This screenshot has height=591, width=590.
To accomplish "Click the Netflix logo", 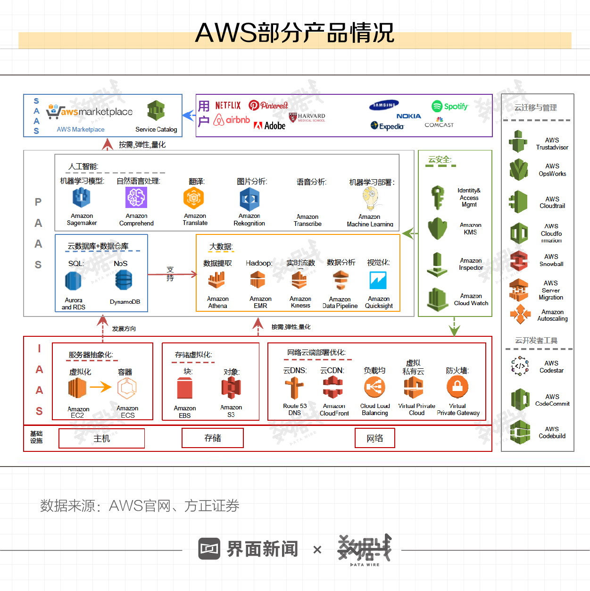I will [228, 106].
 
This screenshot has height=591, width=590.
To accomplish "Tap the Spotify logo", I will [450, 107].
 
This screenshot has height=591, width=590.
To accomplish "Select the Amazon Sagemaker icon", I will [81, 198].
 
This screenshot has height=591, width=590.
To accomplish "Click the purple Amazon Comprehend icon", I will [136, 197].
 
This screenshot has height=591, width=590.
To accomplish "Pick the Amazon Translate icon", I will [194, 198].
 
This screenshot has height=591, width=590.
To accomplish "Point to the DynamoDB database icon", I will [124, 281].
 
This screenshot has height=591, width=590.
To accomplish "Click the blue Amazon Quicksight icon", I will [378, 280].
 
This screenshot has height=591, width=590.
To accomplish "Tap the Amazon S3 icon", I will [231, 388].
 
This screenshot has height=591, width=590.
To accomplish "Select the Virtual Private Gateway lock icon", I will [457, 387].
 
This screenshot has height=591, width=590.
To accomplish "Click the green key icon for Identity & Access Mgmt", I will [438, 197].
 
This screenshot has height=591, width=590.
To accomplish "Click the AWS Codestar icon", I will [520, 366].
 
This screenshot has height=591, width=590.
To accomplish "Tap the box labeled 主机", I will [101, 438].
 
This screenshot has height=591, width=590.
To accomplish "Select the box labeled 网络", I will [375, 438].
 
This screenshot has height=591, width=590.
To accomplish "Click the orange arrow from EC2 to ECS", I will [100, 387].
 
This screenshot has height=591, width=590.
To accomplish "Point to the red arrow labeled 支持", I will [172, 274].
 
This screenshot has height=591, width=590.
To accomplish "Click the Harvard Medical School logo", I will [307, 117].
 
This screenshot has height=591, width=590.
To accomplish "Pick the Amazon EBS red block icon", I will [185, 388].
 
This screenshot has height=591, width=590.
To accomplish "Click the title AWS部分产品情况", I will [295, 33].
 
